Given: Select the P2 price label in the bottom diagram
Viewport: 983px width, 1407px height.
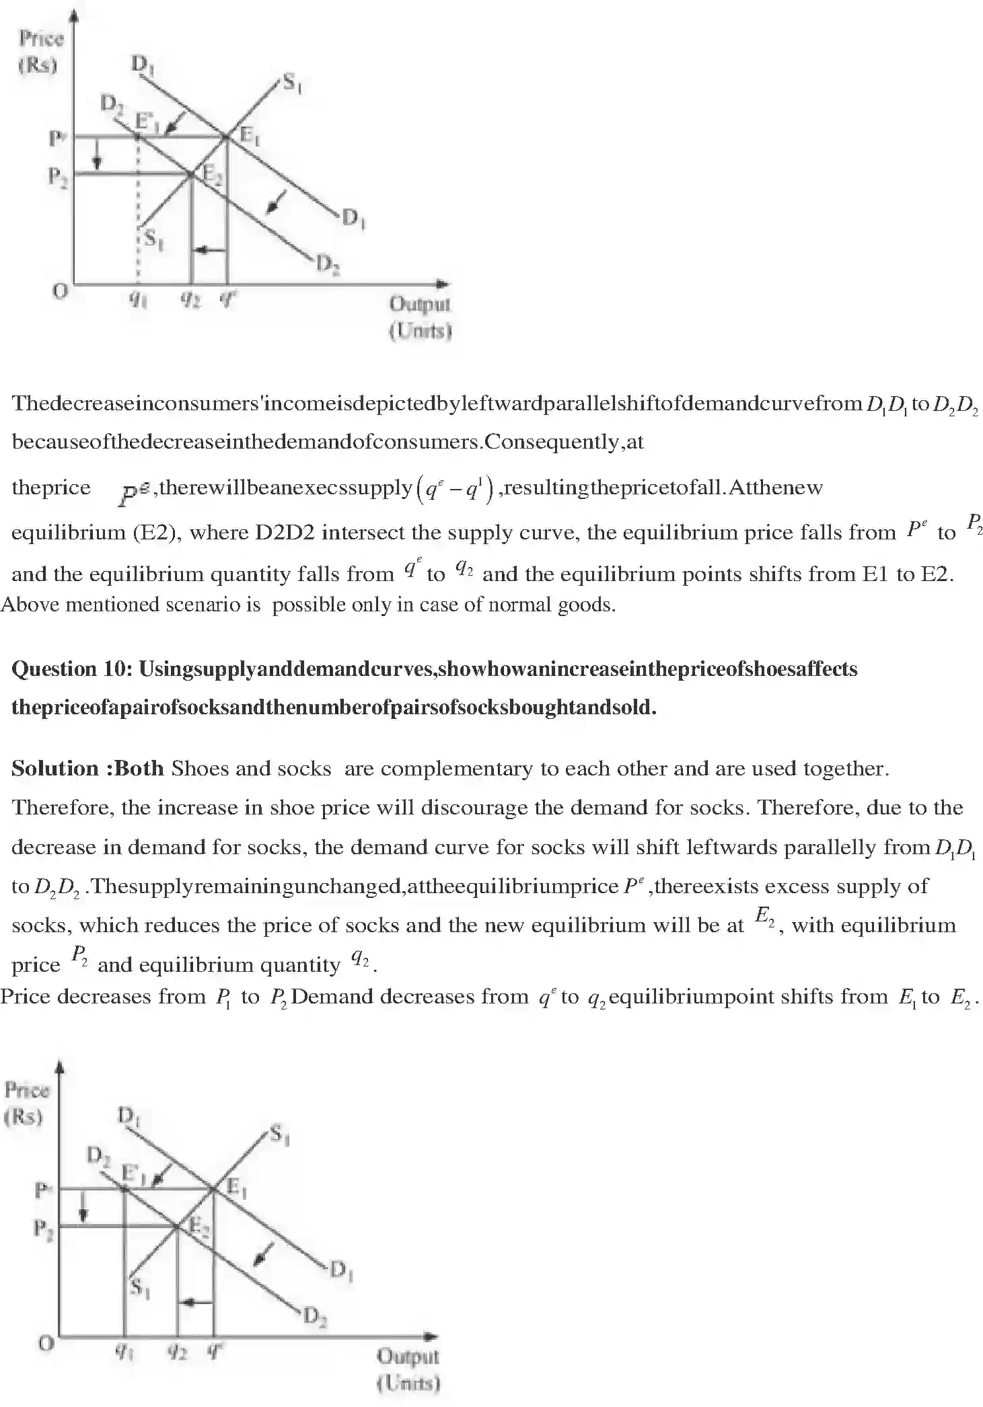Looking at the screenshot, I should point(43,1229).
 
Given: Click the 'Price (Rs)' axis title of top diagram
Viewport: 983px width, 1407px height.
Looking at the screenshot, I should point(40,52).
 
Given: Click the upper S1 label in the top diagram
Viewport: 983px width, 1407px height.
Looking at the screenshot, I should point(291,83).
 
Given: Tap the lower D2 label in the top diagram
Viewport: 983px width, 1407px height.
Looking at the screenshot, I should point(327,264).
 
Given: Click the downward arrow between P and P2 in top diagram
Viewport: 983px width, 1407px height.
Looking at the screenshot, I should point(98,155).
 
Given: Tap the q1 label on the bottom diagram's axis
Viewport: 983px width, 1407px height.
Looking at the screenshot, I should point(123,1352).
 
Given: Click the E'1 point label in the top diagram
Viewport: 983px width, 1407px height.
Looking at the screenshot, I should point(146,122).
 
